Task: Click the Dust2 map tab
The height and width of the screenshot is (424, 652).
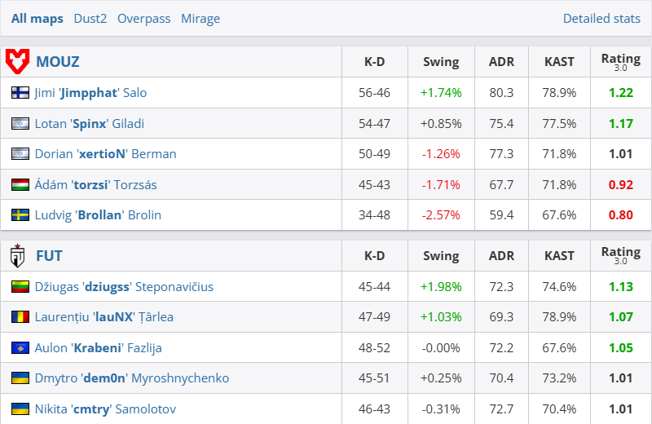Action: pyautogui.click(x=90, y=18)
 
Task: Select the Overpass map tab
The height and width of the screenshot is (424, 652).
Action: pyautogui.click(x=143, y=18)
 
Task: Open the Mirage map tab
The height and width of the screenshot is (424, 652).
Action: pyautogui.click(x=200, y=18)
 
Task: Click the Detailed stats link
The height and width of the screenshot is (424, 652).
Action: pyautogui.click(x=601, y=18)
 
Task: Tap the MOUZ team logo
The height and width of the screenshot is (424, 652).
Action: pyautogui.click(x=17, y=61)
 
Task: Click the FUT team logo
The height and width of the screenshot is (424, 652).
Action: pyautogui.click(x=17, y=256)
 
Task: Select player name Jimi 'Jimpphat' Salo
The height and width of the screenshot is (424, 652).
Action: pyautogui.click(x=90, y=93)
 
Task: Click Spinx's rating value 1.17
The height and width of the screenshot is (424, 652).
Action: pyautogui.click(x=620, y=123)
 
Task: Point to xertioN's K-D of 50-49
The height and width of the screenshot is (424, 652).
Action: pyautogui.click(x=374, y=154)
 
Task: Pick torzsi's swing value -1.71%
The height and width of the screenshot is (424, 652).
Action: pyautogui.click(x=441, y=184)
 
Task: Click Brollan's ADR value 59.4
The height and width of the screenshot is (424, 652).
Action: pyautogui.click(x=501, y=215)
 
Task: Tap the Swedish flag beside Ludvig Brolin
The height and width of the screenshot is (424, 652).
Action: pyautogui.click(x=20, y=215)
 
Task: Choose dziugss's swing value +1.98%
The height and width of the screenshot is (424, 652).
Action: pyautogui.click(x=441, y=287)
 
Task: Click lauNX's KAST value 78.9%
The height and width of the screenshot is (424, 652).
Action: pyautogui.click(x=559, y=317)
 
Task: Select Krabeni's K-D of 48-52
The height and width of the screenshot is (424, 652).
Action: pyautogui.click(x=374, y=348)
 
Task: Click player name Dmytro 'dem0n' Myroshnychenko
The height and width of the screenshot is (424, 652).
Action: pyautogui.click(x=131, y=378)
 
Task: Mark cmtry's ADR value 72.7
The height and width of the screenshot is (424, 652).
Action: pyautogui.click(x=501, y=409)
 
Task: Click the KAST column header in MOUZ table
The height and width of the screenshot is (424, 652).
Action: pyautogui.click(x=559, y=61)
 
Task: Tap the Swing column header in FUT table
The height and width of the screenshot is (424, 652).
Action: pyautogui.click(x=441, y=256)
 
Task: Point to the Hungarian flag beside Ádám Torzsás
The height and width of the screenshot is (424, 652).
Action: pyautogui.click(x=20, y=184)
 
